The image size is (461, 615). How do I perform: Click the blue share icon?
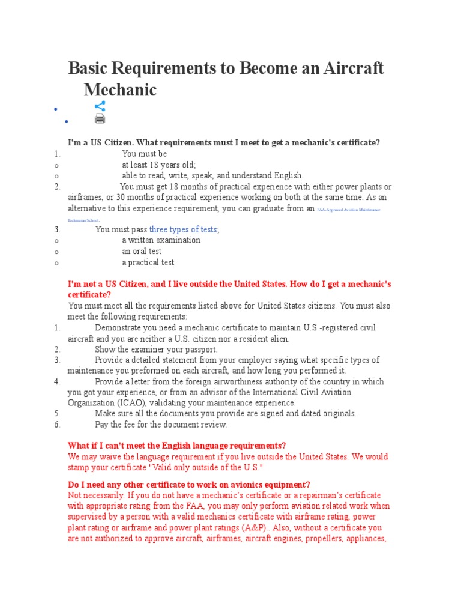click(x=100, y=106)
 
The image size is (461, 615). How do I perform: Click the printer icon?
click(x=100, y=119)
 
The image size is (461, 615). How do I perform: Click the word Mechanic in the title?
click(x=120, y=89)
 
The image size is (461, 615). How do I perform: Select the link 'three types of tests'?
click(x=183, y=229)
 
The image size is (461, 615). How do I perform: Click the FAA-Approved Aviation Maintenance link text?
click(x=348, y=210)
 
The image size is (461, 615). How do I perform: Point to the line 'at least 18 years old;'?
click(x=159, y=165)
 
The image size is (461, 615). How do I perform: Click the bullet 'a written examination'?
click(x=161, y=240)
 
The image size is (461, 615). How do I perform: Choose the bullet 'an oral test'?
click(x=142, y=251)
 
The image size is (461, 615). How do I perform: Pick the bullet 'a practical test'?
click(x=148, y=262)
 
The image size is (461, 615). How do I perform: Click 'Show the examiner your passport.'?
click(x=156, y=349)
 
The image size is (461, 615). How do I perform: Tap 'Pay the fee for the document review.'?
click(x=161, y=425)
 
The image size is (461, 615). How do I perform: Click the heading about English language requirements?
click(x=176, y=446)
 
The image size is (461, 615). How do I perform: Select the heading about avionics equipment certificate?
click(x=188, y=485)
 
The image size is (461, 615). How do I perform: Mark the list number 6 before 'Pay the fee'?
click(x=57, y=425)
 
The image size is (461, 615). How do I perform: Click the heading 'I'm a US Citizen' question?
click(x=223, y=142)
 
